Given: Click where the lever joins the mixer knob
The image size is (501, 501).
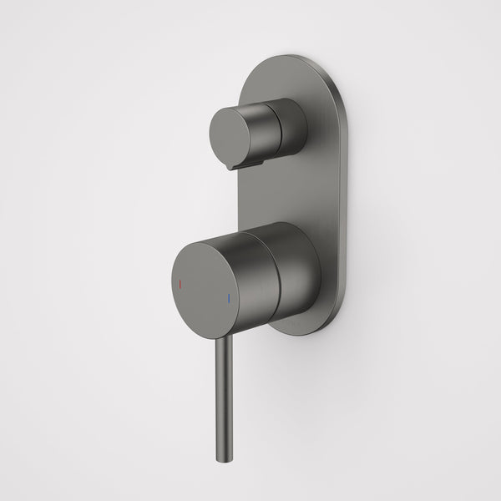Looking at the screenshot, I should [222, 336].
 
